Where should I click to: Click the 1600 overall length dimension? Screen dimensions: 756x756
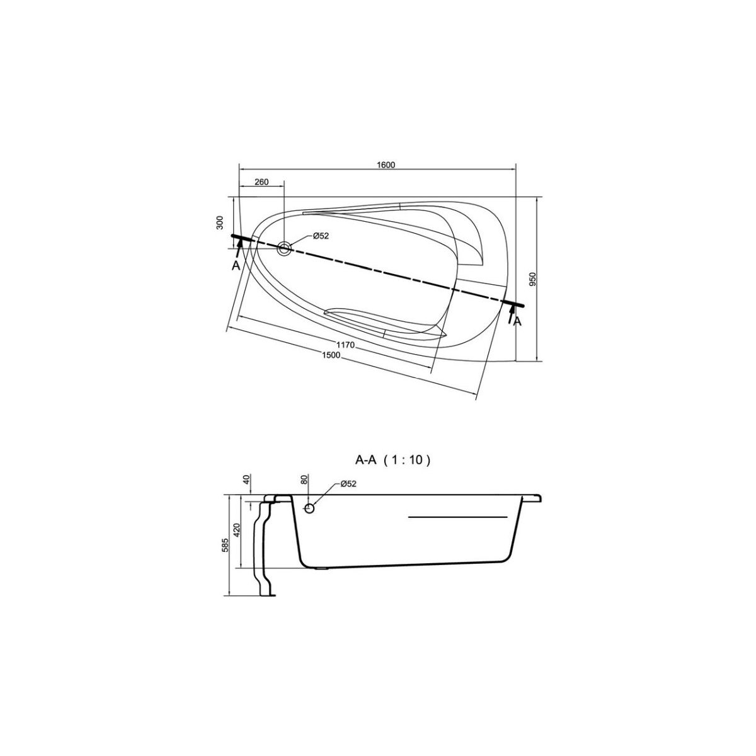[386, 165]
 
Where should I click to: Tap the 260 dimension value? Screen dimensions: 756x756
[261, 182]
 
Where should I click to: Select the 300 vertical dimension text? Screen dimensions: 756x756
[220, 222]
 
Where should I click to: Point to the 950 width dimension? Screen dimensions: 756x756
[532, 279]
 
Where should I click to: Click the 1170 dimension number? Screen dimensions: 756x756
[346, 345]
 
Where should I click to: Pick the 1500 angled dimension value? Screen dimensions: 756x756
[331, 355]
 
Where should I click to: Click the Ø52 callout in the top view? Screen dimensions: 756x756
[321, 236]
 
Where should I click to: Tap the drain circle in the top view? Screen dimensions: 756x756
[284, 248]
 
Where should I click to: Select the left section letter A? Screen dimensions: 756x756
[236, 266]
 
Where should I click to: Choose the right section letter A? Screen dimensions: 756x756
[517, 322]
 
